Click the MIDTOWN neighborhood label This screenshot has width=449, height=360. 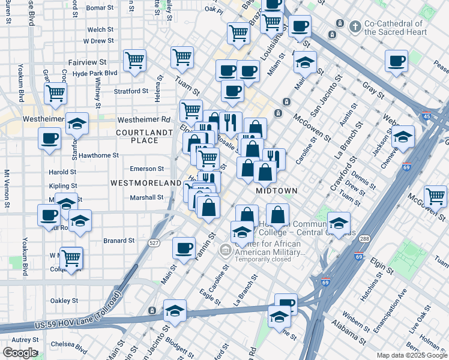point(277,190)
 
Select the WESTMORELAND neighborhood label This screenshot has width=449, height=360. point(145,182)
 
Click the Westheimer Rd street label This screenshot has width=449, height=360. point(144,119)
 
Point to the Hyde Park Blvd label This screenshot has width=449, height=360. point(94,73)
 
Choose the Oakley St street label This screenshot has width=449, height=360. point(64,301)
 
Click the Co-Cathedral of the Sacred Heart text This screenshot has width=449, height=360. point(395,28)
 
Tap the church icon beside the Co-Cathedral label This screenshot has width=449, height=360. point(355,26)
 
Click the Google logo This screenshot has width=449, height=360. point(20,353)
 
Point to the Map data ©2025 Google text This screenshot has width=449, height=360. point(411,355)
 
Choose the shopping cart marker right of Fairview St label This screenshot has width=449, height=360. point(134,59)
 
